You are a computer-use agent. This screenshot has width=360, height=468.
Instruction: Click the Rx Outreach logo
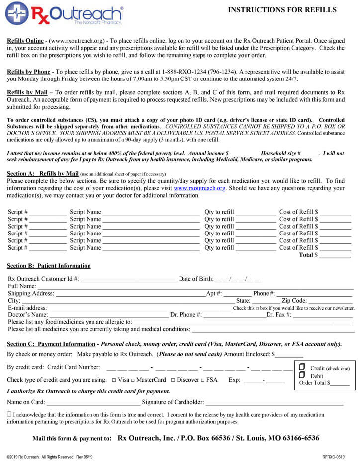coord(65,14)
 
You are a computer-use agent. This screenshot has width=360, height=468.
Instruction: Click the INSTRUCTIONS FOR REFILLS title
coord(282,10)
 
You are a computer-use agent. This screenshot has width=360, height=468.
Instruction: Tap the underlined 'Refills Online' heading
coord(25,40)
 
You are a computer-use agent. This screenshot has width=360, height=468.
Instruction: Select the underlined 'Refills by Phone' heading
coord(28,72)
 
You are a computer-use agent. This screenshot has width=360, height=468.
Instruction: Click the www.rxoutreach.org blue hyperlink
coord(199,188)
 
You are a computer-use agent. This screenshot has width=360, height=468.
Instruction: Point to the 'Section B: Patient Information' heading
coord(49,266)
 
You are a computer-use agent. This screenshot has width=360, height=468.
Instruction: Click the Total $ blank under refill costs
coord(335,256)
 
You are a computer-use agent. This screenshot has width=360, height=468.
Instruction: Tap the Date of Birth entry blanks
coord(238,279)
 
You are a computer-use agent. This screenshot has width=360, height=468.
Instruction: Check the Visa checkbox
coord(114,380)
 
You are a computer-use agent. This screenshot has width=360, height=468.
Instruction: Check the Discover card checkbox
coord(173,380)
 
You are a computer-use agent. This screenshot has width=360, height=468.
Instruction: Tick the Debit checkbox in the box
coord(302,375)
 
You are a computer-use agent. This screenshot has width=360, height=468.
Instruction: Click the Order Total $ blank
coord(340,384)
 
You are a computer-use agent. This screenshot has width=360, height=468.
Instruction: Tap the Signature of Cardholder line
coord(274,403)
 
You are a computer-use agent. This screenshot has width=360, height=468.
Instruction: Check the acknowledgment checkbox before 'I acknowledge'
coord(9,414)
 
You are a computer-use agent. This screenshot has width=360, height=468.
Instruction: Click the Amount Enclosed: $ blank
coord(289,355)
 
